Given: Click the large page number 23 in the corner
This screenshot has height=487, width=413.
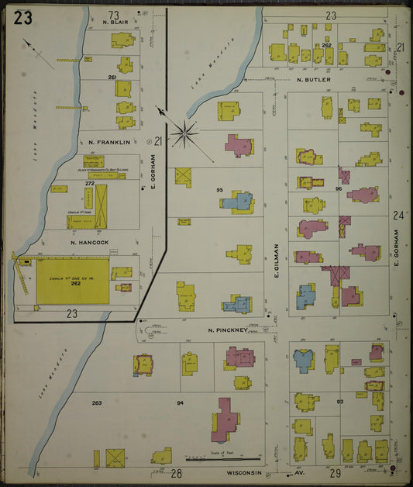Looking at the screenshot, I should pyautogui.click(x=22, y=19).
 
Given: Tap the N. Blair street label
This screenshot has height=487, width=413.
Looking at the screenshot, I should pyautogui.click(x=115, y=23).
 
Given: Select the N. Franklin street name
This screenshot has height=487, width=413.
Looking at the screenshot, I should pyautogui.click(x=109, y=142).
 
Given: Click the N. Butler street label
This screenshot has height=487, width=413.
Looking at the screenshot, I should pyautogui.click(x=313, y=79).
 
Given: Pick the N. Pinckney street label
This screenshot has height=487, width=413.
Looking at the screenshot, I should pyautogui.click(x=227, y=330).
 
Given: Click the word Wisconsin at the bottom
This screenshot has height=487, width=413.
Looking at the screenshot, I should pyautogui.click(x=245, y=471).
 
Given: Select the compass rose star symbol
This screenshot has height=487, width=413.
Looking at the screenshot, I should pyautogui.click(x=184, y=133).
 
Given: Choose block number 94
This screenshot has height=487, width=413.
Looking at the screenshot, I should pyautogui.click(x=180, y=403).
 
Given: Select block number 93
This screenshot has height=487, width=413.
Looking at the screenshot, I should pyautogui.click(x=339, y=401).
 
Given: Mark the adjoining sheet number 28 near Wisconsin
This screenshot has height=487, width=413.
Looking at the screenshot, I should pyautogui.click(x=176, y=472).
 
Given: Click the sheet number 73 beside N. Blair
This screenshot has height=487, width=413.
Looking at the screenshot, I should pyautogui.click(x=114, y=15).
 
